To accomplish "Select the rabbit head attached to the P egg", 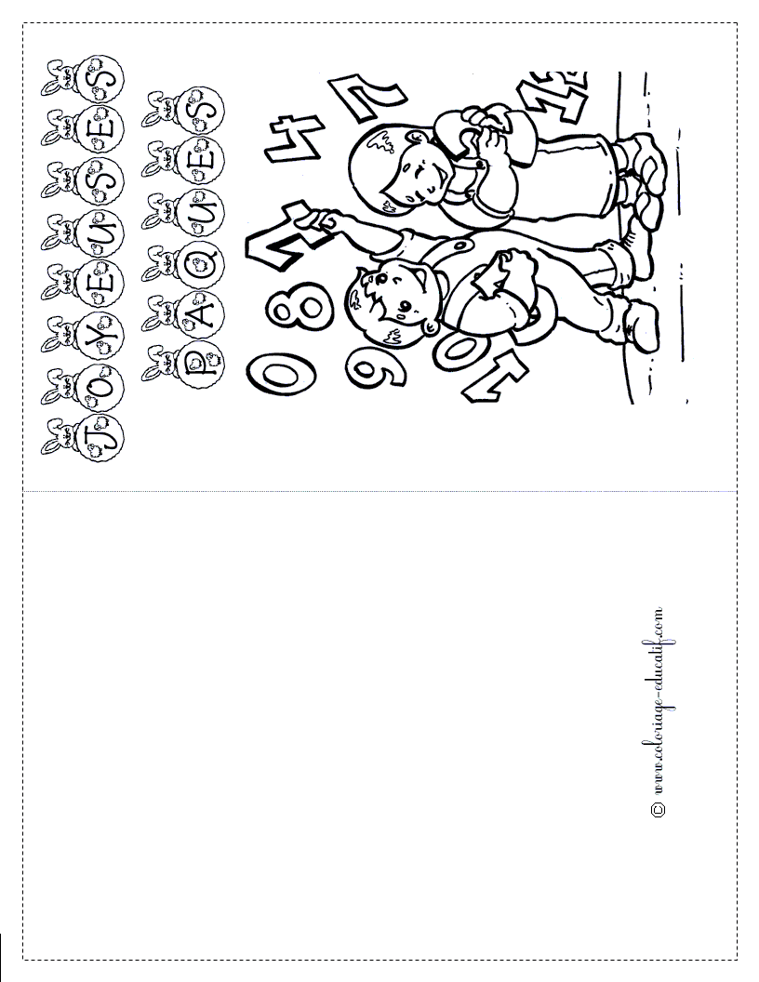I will click(x=155, y=359).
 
